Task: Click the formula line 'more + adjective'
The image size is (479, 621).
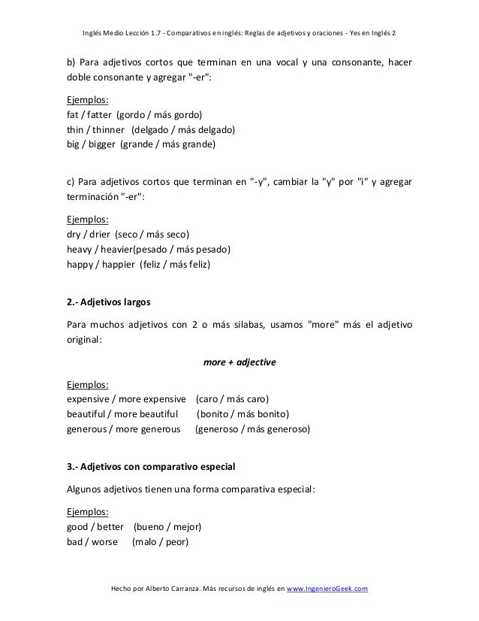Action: [239, 362]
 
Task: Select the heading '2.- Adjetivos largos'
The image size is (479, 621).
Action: [109, 303]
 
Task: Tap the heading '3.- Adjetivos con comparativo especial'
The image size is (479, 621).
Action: [151, 467]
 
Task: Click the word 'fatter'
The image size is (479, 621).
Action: [102, 116]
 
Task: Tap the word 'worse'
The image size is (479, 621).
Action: [105, 541]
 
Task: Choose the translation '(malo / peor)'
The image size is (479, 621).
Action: [160, 541]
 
